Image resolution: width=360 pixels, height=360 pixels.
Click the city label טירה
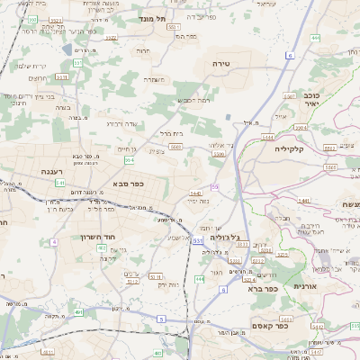coord(221,64)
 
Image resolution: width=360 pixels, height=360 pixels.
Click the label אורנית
coord(306,285)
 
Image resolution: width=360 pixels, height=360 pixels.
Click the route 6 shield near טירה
coord(290,56)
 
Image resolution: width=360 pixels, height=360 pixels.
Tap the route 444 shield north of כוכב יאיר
coord(315,37)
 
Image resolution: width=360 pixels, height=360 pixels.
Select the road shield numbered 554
coord(130,160)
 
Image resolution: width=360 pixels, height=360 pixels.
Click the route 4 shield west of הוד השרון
coord(53,242)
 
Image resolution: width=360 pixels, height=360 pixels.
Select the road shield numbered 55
coord(214,185)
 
